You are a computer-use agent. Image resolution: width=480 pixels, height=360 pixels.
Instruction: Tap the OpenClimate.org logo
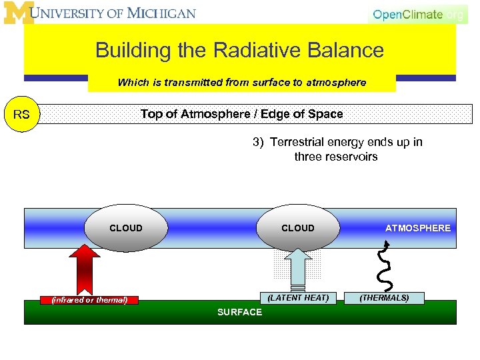tap(417, 14)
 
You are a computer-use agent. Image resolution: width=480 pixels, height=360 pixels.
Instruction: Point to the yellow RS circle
tap(21, 115)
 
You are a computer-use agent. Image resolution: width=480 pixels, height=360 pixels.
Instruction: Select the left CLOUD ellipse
tap(126, 228)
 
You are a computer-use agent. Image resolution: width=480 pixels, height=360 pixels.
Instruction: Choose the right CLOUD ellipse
tap(297, 228)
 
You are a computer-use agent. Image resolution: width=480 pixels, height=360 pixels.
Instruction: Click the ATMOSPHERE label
tap(418, 228)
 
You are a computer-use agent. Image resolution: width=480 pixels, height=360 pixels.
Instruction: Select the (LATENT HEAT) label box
tap(298, 298)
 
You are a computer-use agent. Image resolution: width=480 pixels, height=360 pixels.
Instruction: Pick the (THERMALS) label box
tap(385, 298)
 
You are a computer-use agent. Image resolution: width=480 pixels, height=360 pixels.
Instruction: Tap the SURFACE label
tap(240, 313)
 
